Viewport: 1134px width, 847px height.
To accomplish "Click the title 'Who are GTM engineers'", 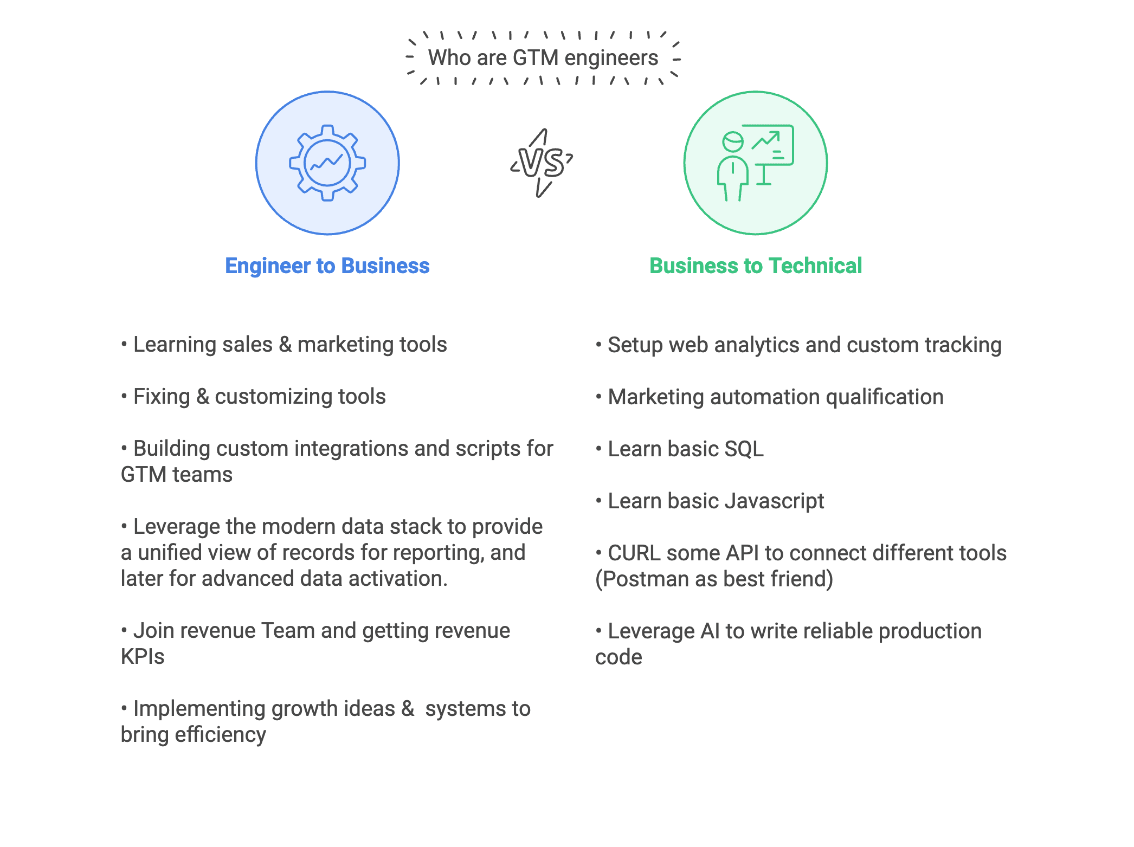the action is (543, 57).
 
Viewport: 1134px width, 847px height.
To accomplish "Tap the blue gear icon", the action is (327, 163).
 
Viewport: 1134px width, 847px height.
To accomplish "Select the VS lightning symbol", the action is (542, 163).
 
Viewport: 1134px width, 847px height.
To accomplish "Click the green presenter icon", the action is (755, 163).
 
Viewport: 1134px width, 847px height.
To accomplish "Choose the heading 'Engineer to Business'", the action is (327, 266).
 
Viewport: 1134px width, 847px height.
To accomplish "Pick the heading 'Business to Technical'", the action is (756, 266).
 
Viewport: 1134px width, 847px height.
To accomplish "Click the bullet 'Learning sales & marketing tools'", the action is (284, 344).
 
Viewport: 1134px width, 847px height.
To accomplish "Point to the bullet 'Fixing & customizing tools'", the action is (253, 396).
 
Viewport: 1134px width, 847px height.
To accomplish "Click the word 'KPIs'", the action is (143, 656).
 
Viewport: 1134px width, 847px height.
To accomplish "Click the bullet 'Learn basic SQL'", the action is (679, 449).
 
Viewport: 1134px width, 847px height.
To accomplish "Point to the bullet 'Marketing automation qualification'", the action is (769, 397).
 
